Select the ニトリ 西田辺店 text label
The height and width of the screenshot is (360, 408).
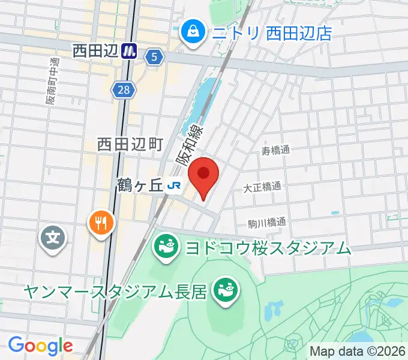pyautogui.click(x=271, y=31)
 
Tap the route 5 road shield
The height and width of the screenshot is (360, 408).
pyautogui.click(x=154, y=56)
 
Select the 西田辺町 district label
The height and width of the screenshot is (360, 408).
pyautogui.click(x=130, y=144)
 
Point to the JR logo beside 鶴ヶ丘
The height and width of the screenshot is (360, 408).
pyautogui.click(x=175, y=186)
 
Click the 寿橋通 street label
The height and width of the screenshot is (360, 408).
pyautogui.click(x=275, y=151)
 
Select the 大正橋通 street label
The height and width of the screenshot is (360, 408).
pyautogui.click(x=262, y=187)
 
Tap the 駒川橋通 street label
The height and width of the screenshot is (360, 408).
pyautogui.click(x=267, y=223)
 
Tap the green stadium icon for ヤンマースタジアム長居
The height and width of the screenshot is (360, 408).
pyautogui.click(x=226, y=291)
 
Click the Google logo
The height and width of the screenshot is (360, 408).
pyautogui.click(x=40, y=345)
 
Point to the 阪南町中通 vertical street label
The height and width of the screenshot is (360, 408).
pyautogui.click(x=53, y=82)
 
